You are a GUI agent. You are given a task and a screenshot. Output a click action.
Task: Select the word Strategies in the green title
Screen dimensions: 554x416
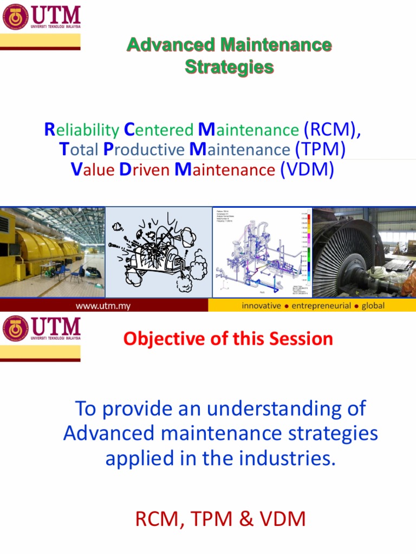229,67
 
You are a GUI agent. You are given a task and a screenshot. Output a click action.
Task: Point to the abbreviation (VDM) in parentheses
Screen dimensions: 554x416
307,169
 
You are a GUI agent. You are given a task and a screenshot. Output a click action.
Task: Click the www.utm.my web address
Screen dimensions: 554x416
103,306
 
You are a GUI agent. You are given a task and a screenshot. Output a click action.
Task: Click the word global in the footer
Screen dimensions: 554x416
373,306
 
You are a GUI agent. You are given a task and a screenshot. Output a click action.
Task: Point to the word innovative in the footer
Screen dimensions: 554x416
261,306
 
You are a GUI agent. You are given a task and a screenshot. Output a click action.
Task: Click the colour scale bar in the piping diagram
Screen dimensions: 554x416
307,249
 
